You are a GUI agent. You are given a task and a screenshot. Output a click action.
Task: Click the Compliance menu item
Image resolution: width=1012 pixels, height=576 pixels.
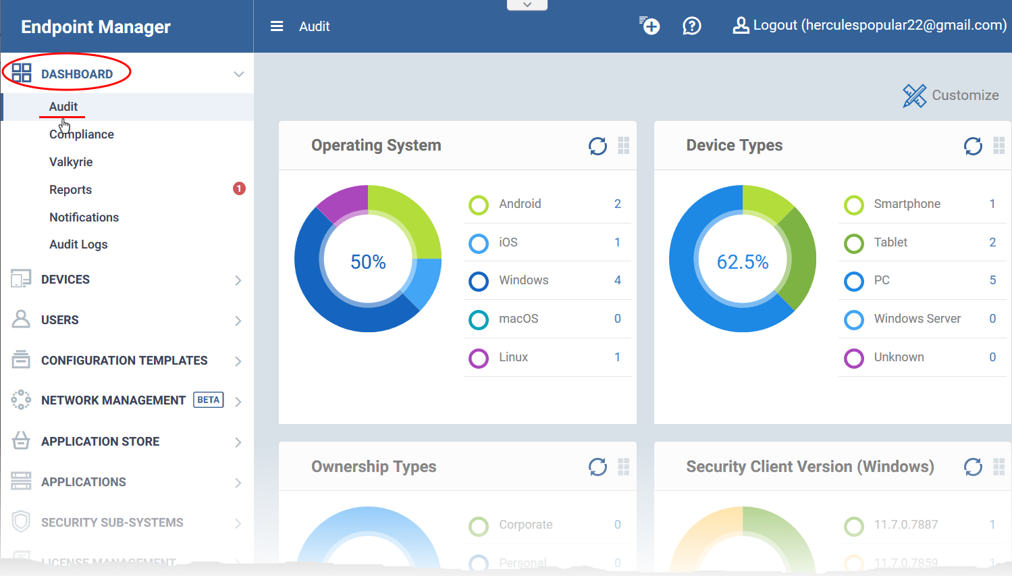point(81,134)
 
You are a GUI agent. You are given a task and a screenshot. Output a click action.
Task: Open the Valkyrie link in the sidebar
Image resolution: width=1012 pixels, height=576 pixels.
point(71,162)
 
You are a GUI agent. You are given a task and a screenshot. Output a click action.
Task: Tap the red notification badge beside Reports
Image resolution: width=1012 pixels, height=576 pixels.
point(239,188)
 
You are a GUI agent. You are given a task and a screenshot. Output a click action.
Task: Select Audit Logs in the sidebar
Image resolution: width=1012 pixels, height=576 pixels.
point(78,244)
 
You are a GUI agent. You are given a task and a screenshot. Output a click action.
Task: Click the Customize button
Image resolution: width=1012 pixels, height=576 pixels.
point(951,95)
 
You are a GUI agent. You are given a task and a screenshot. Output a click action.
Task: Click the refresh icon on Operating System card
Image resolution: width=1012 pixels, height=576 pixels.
point(597,146)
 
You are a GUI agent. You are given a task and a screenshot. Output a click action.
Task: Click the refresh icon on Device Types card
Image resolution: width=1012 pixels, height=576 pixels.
point(973,146)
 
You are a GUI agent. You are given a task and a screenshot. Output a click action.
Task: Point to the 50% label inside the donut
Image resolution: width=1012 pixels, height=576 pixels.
point(368,262)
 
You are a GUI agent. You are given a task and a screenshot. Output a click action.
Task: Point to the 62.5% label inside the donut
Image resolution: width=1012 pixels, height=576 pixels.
point(743,262)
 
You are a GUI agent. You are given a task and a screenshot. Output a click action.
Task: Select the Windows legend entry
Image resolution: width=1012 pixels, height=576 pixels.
point(523,280)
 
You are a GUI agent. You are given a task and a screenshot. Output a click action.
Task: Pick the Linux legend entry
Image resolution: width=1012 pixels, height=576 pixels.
point(513,357)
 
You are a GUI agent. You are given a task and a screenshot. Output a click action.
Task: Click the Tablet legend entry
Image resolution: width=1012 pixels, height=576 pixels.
point(890,242)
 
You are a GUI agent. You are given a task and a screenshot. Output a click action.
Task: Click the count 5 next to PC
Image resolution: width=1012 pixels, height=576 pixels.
point(992,280)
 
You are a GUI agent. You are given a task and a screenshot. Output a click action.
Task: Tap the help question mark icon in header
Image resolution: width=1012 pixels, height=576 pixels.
point(692,26)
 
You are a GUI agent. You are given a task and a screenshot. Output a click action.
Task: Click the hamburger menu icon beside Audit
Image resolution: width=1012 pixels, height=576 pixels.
point(277,26)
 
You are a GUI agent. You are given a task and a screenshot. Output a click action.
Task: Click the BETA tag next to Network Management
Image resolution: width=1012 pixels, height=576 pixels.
point(209,400)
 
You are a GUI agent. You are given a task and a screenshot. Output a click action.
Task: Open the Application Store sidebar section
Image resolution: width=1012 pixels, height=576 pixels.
point(100,442)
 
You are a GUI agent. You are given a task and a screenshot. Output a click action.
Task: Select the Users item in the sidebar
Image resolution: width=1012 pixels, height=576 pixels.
point(59,320)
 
